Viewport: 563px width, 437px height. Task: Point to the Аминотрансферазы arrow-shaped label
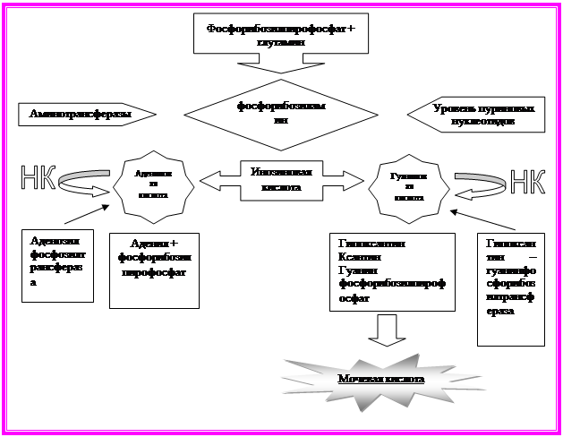pyautogui.click(x=86, y=115)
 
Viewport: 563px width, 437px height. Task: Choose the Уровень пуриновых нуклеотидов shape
pyautogui.click(x=474, y=115)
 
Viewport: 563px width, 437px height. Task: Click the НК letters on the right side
pyautogui.click(x=527, y=180)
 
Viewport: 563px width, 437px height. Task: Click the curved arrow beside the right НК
pyautogui.click(x=479, y=180)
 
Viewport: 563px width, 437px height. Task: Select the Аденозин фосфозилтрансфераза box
pyautogui.click(x=56, y=264)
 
